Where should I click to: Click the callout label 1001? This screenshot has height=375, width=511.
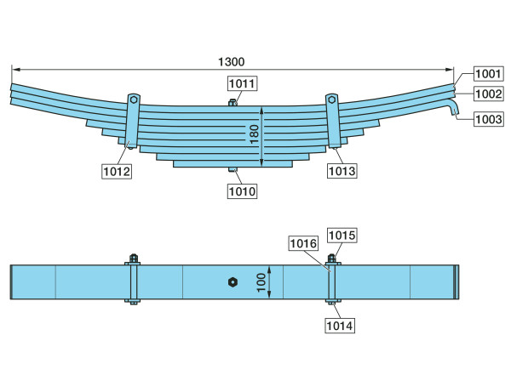click(x=488, y=74)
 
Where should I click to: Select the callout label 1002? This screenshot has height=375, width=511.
click(x=488, y=94)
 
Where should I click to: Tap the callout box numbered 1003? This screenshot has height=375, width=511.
click(x=488, y=119)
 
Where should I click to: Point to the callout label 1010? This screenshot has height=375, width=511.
click(x=242, y=191)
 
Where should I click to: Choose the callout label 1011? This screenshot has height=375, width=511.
click(x=242, y=83)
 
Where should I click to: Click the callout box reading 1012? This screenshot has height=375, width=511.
click(x=117, y=171)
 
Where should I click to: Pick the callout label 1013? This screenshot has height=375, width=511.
click(x=342, y=171)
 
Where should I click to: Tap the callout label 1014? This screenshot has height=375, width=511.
click(x=340, y=326)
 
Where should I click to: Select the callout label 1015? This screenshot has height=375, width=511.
click(x=342, y=236)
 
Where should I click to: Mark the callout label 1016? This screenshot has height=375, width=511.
click(x=303, y=243)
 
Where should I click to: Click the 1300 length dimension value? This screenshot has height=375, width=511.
click(x=231, y=61)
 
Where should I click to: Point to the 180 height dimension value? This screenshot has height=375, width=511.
click(x=254, y=134)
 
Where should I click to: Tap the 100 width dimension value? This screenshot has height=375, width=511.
click(x=261, y=282)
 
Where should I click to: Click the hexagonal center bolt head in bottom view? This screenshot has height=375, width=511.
click(x=233, y=282)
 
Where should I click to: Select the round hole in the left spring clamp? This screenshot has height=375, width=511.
click(x=134, y=99)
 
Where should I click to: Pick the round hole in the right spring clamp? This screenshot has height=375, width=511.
click(x=331, y=99)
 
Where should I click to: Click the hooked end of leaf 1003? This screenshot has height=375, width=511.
click(x=454, y=108)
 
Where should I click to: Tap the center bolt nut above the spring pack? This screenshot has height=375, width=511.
click(x=233, y=103)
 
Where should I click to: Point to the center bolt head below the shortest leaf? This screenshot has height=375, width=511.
click(x=233, y=169)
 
